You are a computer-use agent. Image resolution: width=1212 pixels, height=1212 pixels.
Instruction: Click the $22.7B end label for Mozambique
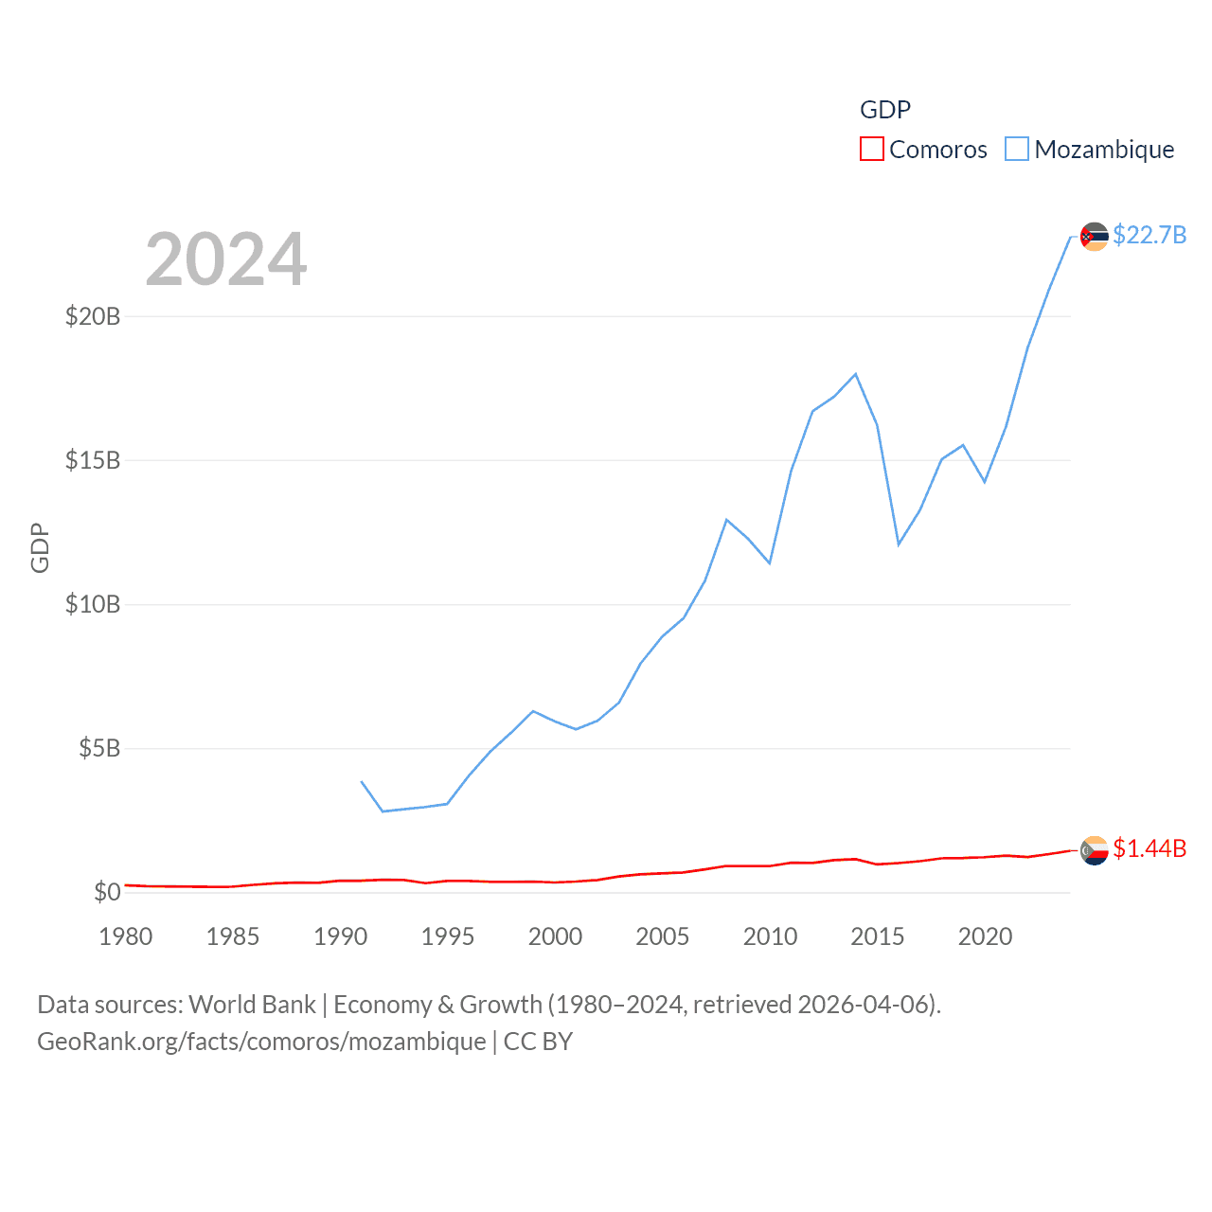[1150, 235]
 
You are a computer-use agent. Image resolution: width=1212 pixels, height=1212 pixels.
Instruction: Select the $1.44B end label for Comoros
[1150, 848]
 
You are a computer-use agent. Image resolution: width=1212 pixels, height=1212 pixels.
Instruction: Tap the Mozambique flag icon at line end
[1095, 237]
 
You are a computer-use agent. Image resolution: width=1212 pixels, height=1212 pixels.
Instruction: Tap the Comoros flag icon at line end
[1095, 850]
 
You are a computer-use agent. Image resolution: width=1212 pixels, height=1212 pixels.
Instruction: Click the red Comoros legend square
[871, 150]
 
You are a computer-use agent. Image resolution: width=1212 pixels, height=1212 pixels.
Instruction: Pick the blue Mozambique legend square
[1016, 150]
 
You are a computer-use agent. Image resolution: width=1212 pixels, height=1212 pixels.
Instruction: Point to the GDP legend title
[885, 110]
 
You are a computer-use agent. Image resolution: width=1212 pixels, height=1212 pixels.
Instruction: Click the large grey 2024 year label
[226, 259]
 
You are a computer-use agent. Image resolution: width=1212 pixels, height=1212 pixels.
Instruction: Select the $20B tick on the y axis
[93, 316]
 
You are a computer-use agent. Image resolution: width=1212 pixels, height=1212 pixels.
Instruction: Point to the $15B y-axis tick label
[93, 460]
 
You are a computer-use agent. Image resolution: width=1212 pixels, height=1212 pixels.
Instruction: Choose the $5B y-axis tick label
[99, 749]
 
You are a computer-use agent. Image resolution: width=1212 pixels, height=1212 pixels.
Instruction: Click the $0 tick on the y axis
[107, 892]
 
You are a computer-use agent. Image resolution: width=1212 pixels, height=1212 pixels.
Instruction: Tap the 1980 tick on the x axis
[126, 936]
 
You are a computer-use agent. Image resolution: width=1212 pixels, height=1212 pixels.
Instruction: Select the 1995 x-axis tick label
[448, 936]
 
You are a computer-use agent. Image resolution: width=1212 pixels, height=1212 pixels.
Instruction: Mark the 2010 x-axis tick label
[770, 936]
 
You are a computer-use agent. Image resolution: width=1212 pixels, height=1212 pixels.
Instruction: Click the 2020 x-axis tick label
[985, 936]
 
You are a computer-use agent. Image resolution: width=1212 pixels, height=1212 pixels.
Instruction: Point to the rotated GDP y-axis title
[40, 547]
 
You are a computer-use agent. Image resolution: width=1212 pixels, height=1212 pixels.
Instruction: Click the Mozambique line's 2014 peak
[856, 374]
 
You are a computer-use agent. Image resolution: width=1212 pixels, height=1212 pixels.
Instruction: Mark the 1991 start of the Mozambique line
[362, 782]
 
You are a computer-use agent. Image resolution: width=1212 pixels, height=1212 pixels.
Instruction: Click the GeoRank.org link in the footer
[261, 1042]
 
